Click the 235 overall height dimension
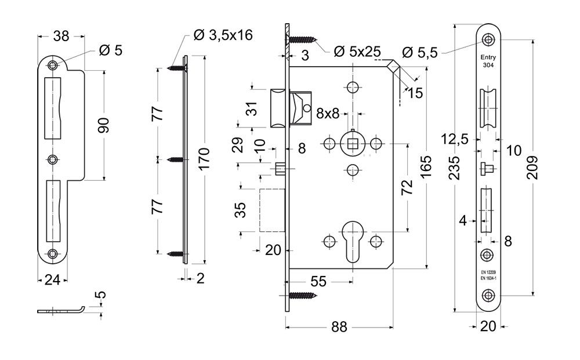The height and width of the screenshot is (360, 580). pyautogui.click(x=455, y=168)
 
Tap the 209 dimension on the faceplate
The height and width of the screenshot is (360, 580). pyautogui.click(x=532, y=168)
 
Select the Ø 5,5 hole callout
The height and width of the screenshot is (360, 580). pyautogui.click(x=419, y=53)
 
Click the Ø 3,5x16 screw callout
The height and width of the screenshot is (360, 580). pyautogui.click(x=223, y=35)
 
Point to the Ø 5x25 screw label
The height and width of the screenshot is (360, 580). pyautogui.click(x=357, y=52)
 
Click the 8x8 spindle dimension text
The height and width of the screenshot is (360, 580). pyautogui.click(x=328, y=113)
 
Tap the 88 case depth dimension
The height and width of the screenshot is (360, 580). pyautogui.click(x=339, y=327)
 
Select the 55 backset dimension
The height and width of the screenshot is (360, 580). pyautogui.click(x=318, y=281)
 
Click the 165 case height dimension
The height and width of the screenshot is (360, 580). pyautogui.click(x=426, y=166)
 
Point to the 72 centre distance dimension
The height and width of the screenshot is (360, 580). pyautogui.click(x=407, y=187)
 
